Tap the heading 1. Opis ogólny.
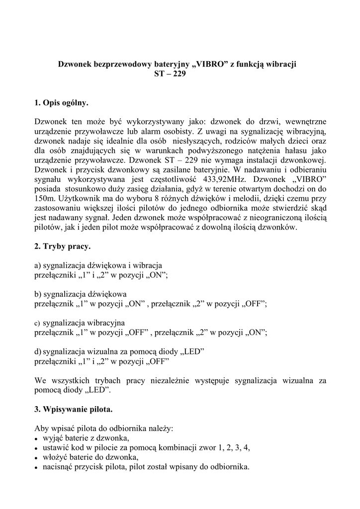62,103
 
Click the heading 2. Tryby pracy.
63,247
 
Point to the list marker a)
38,265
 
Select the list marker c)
37,323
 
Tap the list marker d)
38,351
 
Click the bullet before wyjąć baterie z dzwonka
37,438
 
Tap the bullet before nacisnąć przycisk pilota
37,467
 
